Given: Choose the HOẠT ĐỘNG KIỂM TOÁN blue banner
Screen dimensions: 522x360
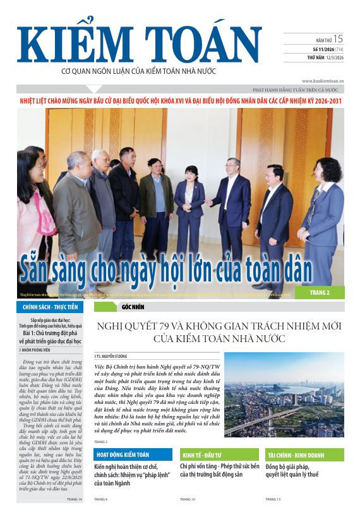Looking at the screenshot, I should (x=132, y=454).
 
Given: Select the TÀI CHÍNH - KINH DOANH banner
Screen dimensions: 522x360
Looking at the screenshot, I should (x=304, y=454).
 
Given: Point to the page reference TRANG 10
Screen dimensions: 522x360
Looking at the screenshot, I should (x=188, y=499).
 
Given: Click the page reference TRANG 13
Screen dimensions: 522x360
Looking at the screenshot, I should (x=273, y=499).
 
